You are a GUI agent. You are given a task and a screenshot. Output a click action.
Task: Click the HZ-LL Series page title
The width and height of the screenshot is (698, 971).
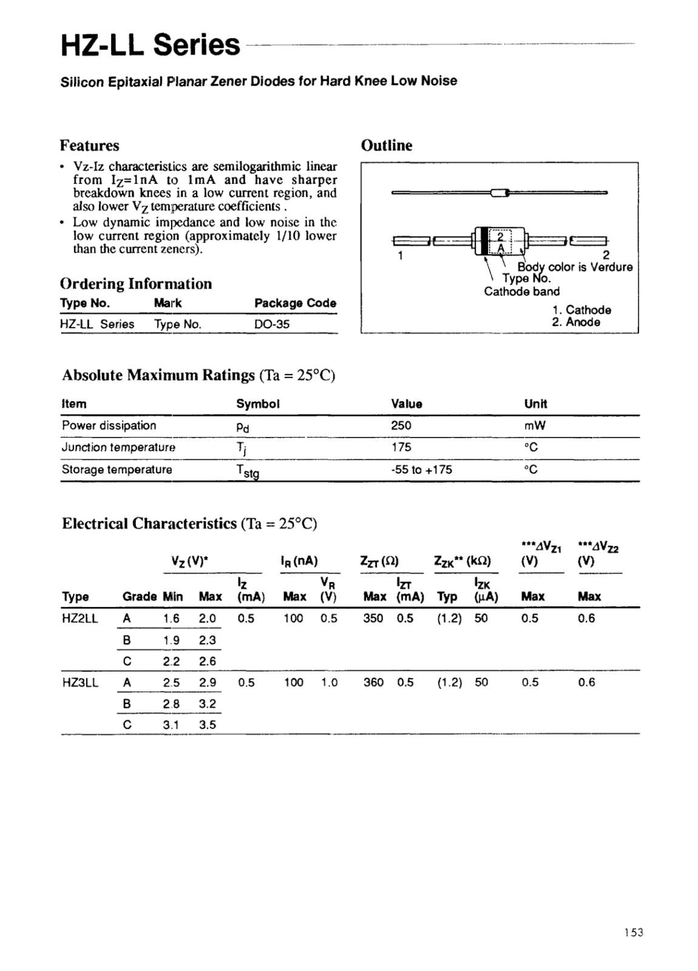click(151, 45)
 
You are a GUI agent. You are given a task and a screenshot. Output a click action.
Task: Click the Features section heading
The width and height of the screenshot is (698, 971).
click(89, 146)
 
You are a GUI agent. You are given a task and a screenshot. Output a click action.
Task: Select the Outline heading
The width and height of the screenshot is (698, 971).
click(386, 146)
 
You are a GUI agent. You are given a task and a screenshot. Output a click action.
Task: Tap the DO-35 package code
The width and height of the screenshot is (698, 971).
click(272, 324)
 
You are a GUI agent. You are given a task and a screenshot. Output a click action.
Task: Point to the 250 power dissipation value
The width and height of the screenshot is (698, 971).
click(401, 425)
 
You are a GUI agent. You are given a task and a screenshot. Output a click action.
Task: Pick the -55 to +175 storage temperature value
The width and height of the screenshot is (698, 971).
click(421, 470)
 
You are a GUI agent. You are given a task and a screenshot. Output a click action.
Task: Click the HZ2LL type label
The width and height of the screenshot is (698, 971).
click(80, 618)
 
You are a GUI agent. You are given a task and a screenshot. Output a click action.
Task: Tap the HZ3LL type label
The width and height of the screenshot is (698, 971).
click(80, 682)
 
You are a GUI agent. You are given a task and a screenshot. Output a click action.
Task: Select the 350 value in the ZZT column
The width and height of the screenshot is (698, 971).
click(373, 618)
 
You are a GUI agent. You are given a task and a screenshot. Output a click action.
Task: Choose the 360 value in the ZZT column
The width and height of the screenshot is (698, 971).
click(373, 682)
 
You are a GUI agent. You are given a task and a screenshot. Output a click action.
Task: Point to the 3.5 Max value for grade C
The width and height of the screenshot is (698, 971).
click(208, 725)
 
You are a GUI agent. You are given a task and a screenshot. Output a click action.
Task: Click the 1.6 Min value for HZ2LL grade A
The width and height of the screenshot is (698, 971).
click(171, 618)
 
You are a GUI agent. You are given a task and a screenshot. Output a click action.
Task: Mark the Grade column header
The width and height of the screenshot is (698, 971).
click(140, 597)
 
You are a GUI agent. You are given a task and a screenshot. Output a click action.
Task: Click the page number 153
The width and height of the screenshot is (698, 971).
click(633, 933)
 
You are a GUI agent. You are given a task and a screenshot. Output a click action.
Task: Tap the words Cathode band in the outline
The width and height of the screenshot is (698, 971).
click(521, 291)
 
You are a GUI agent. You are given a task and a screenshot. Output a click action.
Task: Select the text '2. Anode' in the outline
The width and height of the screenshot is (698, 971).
click(575, 322)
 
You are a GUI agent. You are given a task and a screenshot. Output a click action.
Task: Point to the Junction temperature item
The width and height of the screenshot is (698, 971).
click(118, 447)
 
